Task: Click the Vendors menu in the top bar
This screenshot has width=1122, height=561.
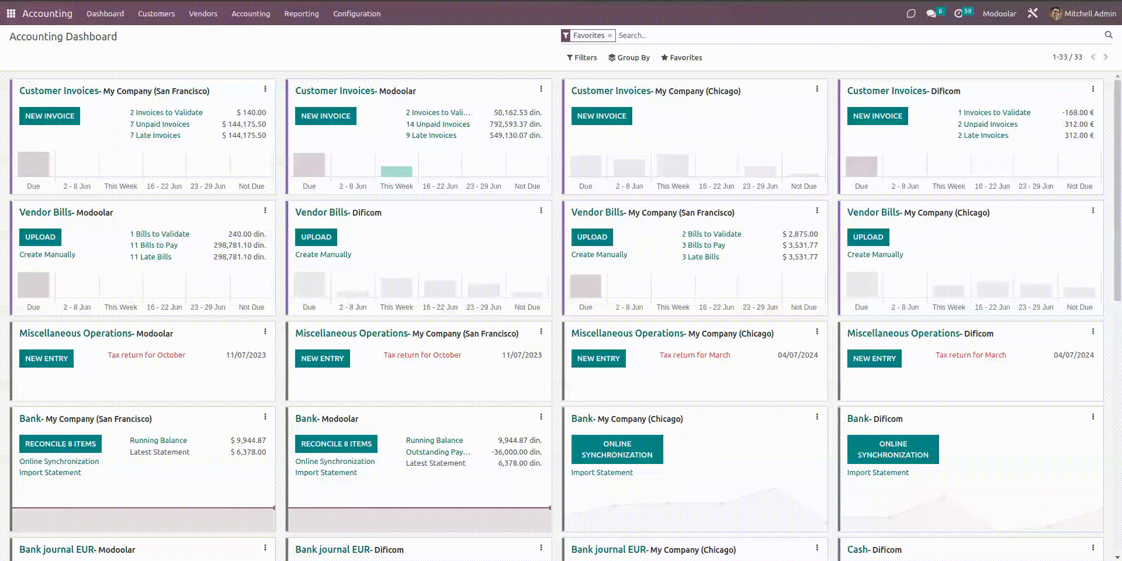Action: [x=203, y=13]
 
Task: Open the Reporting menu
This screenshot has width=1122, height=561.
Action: [x=302, y=13]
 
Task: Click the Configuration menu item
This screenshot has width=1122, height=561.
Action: [x=356, y=13]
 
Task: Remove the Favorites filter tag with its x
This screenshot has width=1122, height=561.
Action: [x=610, y=36]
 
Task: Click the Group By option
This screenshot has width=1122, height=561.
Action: [x=629, y=57]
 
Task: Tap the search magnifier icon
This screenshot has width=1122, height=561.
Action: [x=1108, y=35]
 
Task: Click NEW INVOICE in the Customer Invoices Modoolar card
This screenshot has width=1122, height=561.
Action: [x=325, y=116]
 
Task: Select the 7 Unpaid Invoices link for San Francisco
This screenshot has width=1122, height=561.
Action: [x=160, y=124]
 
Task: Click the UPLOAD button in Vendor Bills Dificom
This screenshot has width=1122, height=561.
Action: [x=316, y=237]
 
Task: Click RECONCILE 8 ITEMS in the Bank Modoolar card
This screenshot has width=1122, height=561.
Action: [x=336, y=444]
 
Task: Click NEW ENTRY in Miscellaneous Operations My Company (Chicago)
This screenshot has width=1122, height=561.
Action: [x=598, y=358]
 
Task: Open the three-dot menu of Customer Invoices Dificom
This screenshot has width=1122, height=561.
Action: [x=1092, y=89]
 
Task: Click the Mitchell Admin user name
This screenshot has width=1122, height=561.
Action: [x=1090, y=13]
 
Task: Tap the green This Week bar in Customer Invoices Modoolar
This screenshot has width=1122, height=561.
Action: [x=396, y=171]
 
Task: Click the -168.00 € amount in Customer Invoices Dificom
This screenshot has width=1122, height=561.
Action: [x=1078, y=112]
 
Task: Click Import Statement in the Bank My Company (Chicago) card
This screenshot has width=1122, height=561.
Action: [x=602, y=472]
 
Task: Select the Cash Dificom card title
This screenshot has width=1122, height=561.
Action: [x=874, y=549]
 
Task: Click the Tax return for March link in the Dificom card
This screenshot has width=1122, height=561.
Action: [x=971, y=355]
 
